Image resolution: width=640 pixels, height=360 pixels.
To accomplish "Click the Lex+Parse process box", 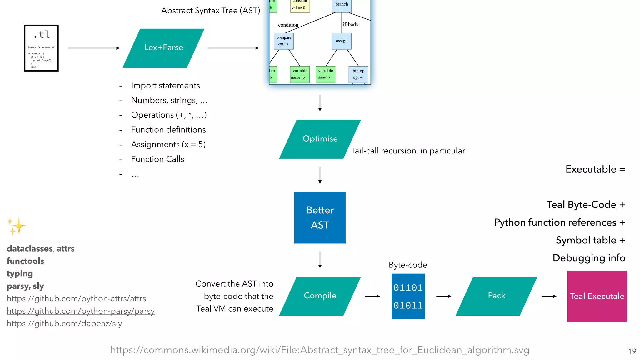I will pos(163,48).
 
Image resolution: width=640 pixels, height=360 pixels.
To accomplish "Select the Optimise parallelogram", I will pos(320,139).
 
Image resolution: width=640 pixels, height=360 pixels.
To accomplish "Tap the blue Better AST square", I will pos(320,218).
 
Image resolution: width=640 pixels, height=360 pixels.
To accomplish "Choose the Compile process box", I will pos(320,296).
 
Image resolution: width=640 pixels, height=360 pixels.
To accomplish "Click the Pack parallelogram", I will pos(496,296).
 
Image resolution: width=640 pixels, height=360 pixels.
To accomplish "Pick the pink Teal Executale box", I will pos(597,296).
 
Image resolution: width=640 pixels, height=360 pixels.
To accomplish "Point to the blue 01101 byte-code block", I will pos(408,296).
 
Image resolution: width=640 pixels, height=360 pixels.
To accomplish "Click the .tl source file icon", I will pos(41,48).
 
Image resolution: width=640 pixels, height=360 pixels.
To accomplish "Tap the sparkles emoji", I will pos(16,226).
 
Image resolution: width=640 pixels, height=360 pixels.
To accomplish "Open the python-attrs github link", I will pos(76,299).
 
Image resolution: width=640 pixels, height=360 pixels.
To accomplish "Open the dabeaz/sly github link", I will pos(64,324).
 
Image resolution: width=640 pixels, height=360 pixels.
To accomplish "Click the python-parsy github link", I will pos(81,311).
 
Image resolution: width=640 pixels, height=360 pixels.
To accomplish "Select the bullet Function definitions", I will pos(168,130).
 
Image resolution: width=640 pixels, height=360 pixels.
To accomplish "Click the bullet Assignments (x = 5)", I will pos(168,144).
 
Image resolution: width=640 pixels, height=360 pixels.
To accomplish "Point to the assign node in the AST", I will pos(342,41).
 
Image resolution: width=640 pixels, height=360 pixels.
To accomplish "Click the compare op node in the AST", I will pos(284,41).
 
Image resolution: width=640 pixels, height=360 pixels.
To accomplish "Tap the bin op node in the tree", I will pos(358,74).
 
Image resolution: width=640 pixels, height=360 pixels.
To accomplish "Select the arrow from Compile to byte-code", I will pos(372,296).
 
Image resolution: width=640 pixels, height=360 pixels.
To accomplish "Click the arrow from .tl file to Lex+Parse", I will pos(94,48).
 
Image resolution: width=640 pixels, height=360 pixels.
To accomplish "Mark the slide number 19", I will pos(632,351).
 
